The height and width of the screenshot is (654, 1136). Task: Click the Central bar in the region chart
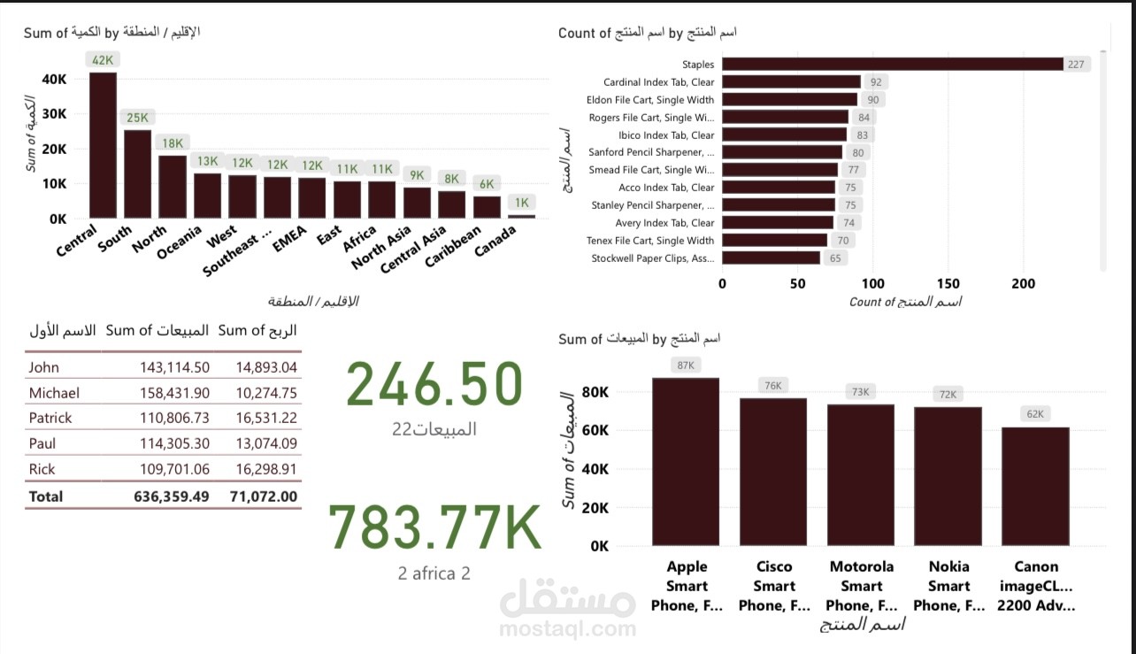(103, 145)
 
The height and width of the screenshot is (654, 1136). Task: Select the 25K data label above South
(137, 117)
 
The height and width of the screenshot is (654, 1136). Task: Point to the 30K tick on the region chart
(54, 114)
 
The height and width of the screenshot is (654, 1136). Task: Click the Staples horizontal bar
(893, 64)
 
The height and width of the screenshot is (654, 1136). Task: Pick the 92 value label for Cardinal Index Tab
(876, 82)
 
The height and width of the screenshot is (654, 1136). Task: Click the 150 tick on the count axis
(948, 283)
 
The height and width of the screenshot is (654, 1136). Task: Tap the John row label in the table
(43, 367)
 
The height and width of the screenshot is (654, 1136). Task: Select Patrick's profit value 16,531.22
(266, 418)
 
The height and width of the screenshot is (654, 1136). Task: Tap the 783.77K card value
(434, 527)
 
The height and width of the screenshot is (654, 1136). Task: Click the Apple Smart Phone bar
(686, 461)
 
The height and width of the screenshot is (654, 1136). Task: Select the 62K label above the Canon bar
(1035, 413)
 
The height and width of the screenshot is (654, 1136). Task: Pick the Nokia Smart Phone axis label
(948, 586)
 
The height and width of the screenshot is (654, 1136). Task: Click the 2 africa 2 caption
(434, 573)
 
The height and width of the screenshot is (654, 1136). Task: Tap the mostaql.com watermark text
(567, 629)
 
